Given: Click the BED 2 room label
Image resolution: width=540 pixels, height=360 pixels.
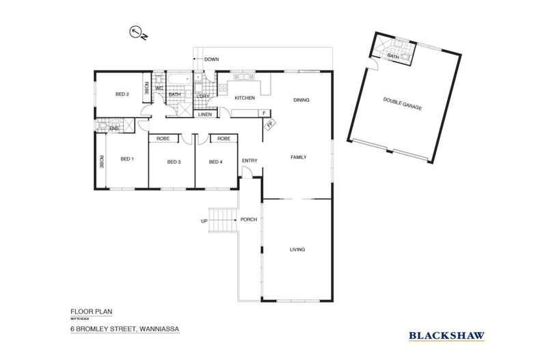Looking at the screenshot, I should (x=123, y=94).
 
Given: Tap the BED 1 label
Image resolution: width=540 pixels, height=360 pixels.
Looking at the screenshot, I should (x=127, y=159).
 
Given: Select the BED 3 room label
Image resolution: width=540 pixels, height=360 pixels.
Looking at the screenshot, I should (x=174, y=162).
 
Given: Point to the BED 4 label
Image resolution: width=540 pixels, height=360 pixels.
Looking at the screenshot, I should (x=216, y=162).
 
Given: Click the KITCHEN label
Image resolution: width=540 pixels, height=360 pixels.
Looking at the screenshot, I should (x=245, y=98).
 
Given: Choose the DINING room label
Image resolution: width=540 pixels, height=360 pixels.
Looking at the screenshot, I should (x=301, y=100).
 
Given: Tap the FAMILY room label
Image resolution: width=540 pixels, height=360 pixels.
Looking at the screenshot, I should (x=299, y=157).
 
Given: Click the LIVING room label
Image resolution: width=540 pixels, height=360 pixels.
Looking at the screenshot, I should (x=297, y=249).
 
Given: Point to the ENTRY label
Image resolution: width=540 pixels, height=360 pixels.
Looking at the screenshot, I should (x=249, y=161).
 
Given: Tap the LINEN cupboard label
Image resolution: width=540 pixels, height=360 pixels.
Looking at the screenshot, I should (x=205, y=115).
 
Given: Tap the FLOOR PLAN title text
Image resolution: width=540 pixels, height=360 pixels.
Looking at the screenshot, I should (x=91, y=311).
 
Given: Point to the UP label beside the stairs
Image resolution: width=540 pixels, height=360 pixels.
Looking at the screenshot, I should (x=204, y=221).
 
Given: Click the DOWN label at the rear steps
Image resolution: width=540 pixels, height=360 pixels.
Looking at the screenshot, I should (x=211, y=60).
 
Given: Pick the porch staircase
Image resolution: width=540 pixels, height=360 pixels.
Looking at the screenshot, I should (x=221, y=221).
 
